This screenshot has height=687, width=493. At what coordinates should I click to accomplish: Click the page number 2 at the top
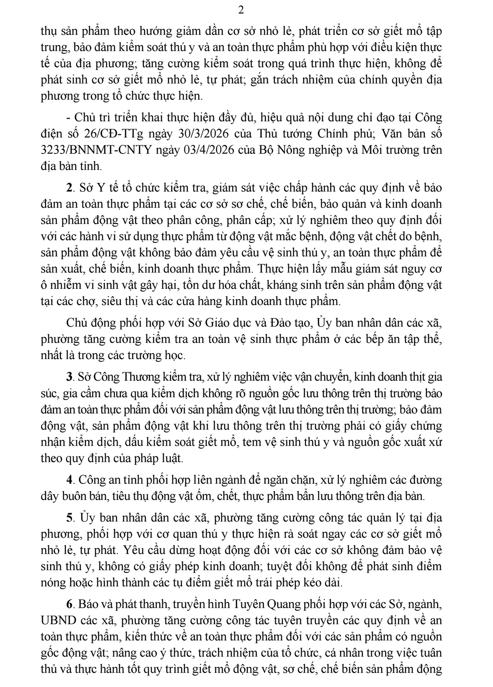pyautogui.click(x=241, y=10)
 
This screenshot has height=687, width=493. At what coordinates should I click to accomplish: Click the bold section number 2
pyautogui.click(x=69, y=188)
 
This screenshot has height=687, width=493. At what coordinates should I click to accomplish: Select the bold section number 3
pyautogui.click(x=69, y=377)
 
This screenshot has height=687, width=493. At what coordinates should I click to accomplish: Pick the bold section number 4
pyautogui.click(x=69, y=480)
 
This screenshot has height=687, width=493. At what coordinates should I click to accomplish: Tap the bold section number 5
pyautogui.click(x=69, y=518)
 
